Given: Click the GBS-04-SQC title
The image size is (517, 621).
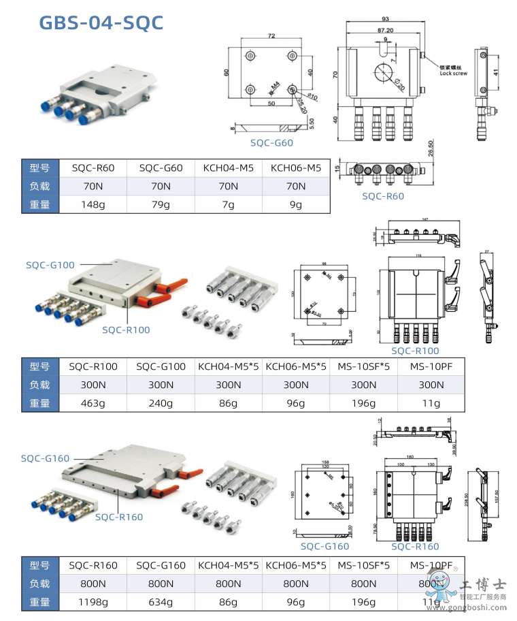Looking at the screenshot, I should point(101,22).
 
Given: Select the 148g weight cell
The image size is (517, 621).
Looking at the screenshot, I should point(93,204).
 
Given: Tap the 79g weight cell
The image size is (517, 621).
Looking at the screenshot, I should point(161,204).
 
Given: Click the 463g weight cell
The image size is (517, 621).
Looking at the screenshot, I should point(93,403).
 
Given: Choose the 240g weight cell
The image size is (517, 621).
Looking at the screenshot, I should point(161,403).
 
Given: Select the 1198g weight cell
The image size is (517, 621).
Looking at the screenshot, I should point(93,602).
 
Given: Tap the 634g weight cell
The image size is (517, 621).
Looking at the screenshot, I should point(161,602).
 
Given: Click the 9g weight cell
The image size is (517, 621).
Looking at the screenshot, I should point(296,204).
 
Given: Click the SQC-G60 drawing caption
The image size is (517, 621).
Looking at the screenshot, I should point(271,142).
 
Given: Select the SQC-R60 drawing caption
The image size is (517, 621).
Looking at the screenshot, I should point(383,196).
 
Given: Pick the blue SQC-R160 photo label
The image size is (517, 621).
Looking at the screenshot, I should point(119,517).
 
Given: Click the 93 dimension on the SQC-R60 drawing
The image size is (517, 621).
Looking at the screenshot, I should point(385,18).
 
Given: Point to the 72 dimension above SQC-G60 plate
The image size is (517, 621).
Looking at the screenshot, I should point(271,35).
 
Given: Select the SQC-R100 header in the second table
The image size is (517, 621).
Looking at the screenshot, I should point(93,366).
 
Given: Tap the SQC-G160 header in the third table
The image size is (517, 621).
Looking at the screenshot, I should point(161,565).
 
